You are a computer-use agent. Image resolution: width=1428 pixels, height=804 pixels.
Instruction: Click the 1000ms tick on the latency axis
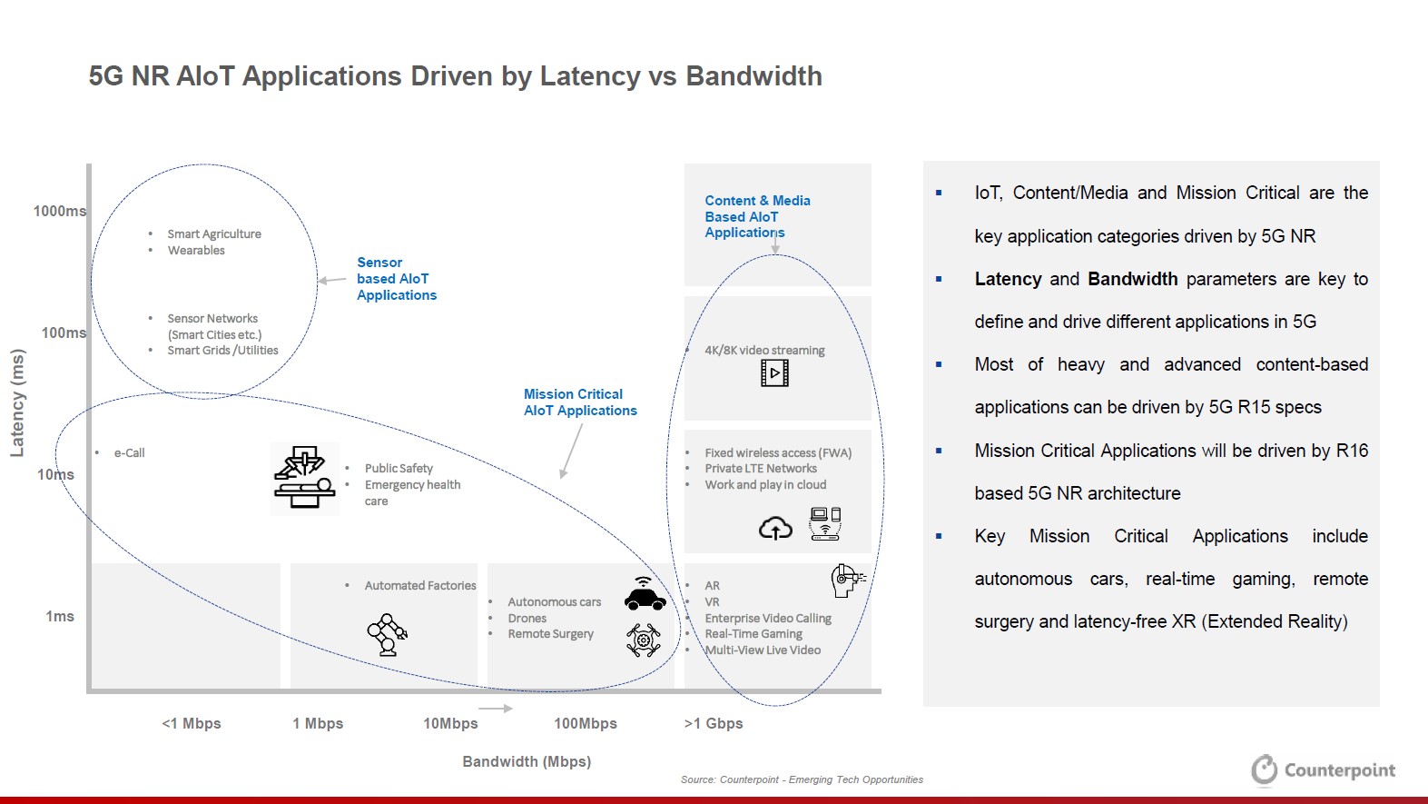point(59,211)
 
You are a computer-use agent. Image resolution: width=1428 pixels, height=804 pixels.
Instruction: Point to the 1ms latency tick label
point(60,616)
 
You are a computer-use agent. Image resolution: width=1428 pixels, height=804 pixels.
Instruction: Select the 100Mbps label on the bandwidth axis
point(585,723)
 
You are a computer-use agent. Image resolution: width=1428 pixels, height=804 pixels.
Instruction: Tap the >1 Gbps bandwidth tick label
point(714,723)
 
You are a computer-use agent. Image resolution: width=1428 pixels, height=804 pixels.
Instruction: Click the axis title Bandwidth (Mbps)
point(527,761)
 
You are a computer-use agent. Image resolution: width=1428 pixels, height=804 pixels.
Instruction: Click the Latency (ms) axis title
point(17,402)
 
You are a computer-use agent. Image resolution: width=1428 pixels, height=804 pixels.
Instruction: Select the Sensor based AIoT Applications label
point(396,279)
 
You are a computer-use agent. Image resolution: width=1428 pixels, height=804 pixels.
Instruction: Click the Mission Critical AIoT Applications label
point(580,402)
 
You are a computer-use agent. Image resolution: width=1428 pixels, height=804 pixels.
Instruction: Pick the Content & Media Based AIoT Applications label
point(757,216)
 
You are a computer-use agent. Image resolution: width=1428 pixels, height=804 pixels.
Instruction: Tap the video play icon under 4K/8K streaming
point(774,373)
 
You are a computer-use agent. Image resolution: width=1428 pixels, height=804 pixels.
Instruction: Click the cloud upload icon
point(775,528)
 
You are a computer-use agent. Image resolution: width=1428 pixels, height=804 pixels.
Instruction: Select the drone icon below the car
point(644,640)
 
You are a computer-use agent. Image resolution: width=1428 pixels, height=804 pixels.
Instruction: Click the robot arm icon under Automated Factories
point(388,634)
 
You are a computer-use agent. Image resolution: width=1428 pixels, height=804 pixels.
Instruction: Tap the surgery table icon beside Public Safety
point(305,477)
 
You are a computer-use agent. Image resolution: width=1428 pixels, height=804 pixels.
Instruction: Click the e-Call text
point(129,452)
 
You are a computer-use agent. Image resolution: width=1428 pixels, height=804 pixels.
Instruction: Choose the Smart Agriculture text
point(214,233)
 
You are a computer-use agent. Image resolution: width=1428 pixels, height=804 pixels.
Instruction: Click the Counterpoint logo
point(1323,770)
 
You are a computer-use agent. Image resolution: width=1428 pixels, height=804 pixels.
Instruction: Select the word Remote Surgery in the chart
point(550,634)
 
